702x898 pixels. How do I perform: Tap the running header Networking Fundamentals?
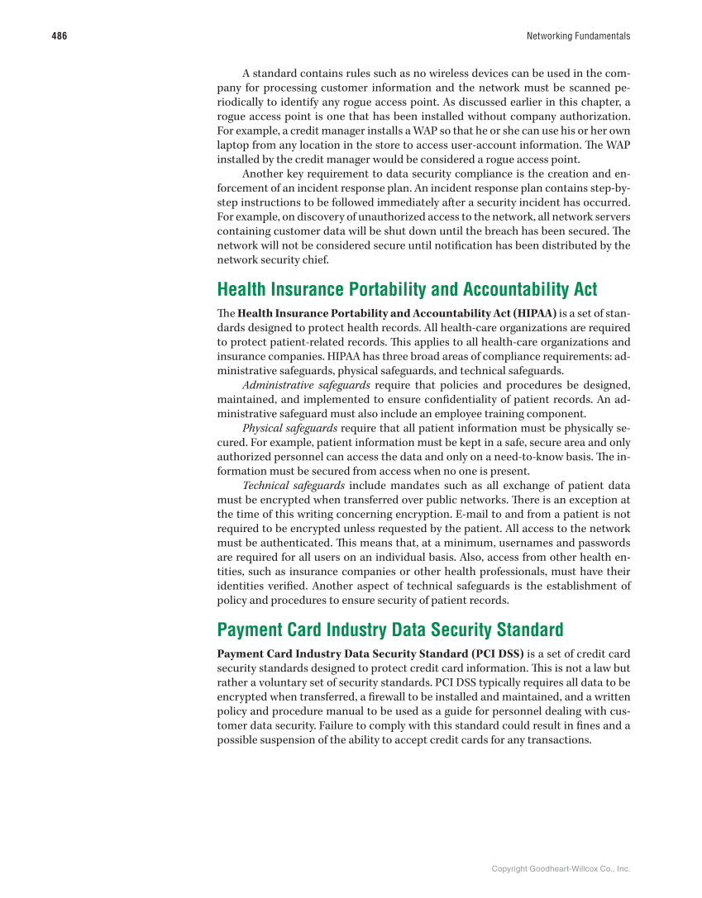point(578,36)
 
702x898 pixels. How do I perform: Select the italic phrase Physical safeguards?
point(289,428)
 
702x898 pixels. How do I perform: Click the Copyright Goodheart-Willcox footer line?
point(561,869)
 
